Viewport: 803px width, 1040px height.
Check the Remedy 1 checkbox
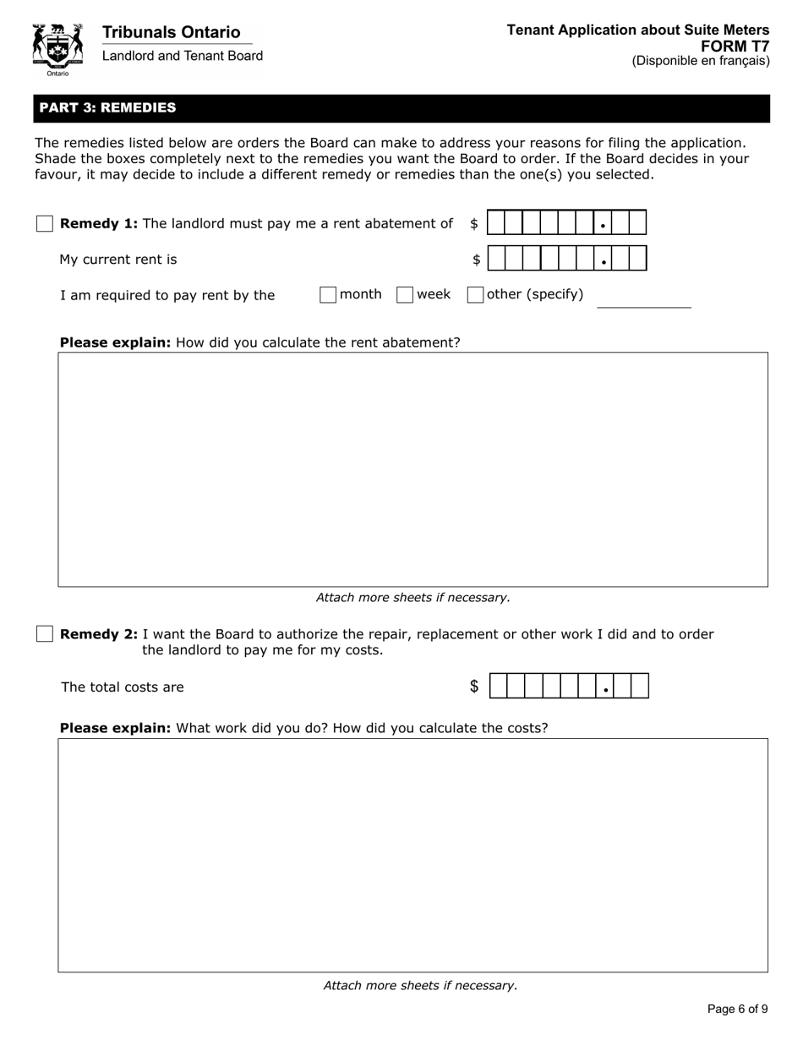coord(45,223)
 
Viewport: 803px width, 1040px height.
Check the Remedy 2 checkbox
coord(45,634)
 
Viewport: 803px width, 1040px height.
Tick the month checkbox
coord(328,294)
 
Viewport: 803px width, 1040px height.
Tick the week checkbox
coord(405,294)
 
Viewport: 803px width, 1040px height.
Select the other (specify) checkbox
coord(475,294)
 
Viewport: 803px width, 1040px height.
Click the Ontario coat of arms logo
coord(57,48)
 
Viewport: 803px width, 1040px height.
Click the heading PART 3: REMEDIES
coord(108,107)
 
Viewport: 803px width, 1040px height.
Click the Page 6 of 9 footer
coord(737,1009)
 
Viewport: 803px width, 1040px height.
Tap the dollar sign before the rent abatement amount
coord(474,223)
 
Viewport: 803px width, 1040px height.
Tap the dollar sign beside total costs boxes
coord(474,687)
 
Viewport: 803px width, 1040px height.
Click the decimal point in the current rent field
coord(604,262)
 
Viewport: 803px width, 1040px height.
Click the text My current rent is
coord(118,260)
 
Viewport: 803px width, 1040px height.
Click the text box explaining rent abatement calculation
coord(412,469)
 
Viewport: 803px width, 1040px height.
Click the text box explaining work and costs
coord(412,855)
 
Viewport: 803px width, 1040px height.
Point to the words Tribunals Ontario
coord(171,32)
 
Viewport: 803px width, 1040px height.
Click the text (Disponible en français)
coord(701,61)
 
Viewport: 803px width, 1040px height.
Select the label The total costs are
coord(123,687)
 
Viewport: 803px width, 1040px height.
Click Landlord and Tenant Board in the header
coord(183,56)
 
